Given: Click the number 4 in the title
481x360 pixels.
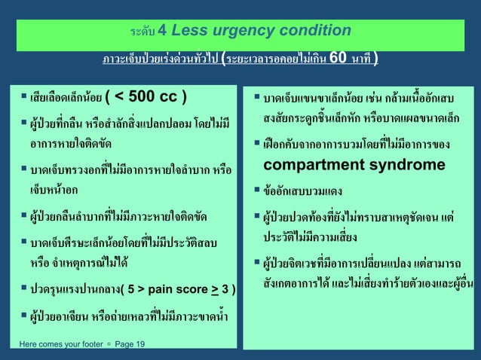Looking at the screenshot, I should coord(163,31).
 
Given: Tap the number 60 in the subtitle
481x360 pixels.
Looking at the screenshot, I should coord(340,58).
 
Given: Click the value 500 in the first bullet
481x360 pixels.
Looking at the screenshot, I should coord(143,98).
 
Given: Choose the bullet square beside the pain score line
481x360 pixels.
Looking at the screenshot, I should coord(23,288).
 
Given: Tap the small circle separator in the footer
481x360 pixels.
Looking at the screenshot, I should coord(109,344).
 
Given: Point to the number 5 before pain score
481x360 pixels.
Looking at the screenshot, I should coord(133,288).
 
